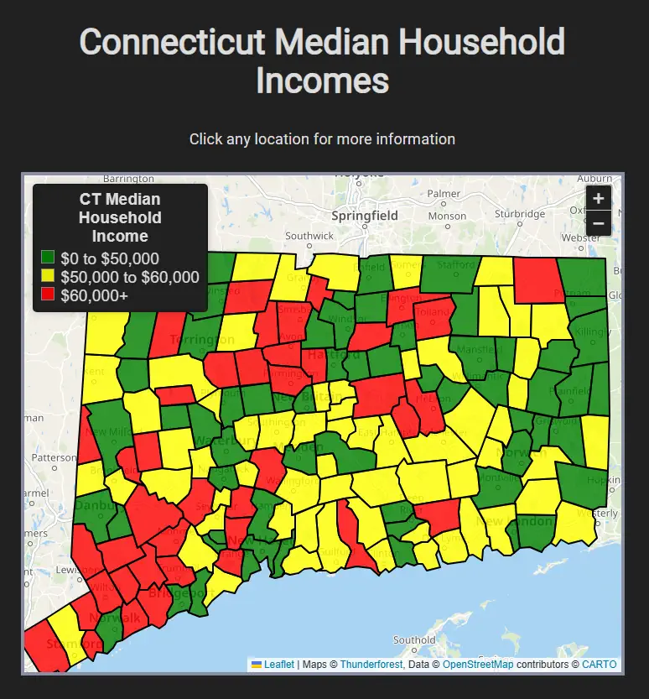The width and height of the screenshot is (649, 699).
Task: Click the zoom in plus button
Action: [x=598, y=199]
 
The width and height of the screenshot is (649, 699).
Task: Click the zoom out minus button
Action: [x=598, y=223]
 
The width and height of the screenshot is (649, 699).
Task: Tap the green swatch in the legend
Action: [x=48, y=258]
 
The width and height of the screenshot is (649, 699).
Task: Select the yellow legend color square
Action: [x=48, y=276]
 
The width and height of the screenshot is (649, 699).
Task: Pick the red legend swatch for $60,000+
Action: [x=48, y=295]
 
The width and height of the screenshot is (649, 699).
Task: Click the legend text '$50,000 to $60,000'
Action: [x=129, y=277]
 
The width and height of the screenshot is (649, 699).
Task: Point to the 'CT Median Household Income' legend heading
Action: [x=120, y=217]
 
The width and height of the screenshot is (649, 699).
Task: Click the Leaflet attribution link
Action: [x=278, y=665]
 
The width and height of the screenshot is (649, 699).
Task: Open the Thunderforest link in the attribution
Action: [x=371, y=665]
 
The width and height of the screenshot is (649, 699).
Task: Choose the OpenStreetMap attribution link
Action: [x=478, y=665]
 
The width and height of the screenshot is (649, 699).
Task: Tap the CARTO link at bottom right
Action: [x=599, y=665]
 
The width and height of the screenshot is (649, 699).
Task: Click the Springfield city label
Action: [x=364, y=216]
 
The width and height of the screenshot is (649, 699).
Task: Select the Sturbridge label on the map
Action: [x=519, y=213]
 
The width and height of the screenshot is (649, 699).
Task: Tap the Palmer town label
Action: [x=444, y=194]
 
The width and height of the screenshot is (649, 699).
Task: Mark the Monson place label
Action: [x=447, y=216]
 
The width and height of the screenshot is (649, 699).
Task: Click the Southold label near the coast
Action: [x=414, y=640]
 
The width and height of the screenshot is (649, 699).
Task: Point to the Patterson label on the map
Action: [x=53, y=457]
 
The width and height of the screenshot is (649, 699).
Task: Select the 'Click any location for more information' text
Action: [x=322, y=139]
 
